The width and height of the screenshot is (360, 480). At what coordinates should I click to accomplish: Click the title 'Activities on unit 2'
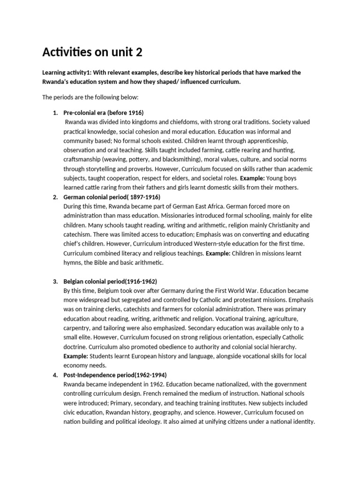pos(92,52)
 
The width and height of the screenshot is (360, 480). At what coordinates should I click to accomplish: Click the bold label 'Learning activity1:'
pos(70,73)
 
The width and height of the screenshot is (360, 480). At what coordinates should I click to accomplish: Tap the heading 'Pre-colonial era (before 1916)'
pos(103,113)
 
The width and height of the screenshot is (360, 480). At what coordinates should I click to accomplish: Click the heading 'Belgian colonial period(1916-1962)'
pos(110,281)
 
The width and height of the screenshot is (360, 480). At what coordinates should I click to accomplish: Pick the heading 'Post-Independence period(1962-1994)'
pos(115,375)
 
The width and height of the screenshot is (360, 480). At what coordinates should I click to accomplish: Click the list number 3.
pos(55,281)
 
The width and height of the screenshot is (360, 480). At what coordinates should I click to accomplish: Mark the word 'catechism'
pos(77,234)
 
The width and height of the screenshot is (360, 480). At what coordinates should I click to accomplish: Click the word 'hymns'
pos(72,262)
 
